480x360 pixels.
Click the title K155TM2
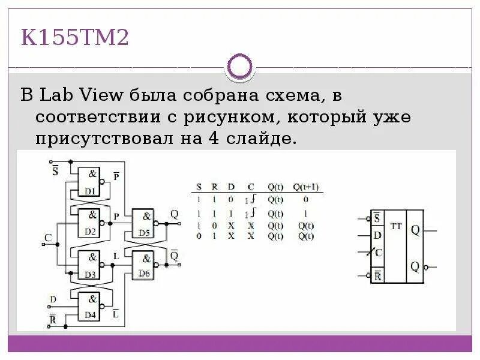coord(76,38)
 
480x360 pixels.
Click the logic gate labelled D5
coord(142,223)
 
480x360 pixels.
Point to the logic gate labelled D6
coord(142,264)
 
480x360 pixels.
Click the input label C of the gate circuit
coord(48,238)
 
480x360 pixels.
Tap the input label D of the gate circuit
coord(52,298)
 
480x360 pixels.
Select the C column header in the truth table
coord(251,186)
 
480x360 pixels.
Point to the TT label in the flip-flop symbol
coord(395,226)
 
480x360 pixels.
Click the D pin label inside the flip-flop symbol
coord(377,235)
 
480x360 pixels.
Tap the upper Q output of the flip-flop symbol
coord(415,230)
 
